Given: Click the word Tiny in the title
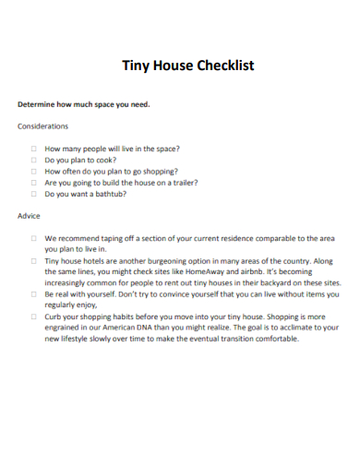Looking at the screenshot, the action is [x=138, y=66].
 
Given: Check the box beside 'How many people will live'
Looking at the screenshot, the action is [x=33, y=148].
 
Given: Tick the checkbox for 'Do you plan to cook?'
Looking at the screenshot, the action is [x=33, y=160].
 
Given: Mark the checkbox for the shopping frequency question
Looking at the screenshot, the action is [x=33, y=171].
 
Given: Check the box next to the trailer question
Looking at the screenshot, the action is [x=33, y=183].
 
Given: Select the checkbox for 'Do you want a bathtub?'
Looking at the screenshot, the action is [x=33, y=194].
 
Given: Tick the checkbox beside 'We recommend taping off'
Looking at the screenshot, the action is [x=33, y=237].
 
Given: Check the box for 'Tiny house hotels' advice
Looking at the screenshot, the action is [x=33, y=261].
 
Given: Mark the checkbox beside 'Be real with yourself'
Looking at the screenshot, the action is [x=33, y=293].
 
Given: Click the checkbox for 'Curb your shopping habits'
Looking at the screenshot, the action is [x=33, y=317].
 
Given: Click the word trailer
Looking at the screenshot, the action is [x=182, y=183].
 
